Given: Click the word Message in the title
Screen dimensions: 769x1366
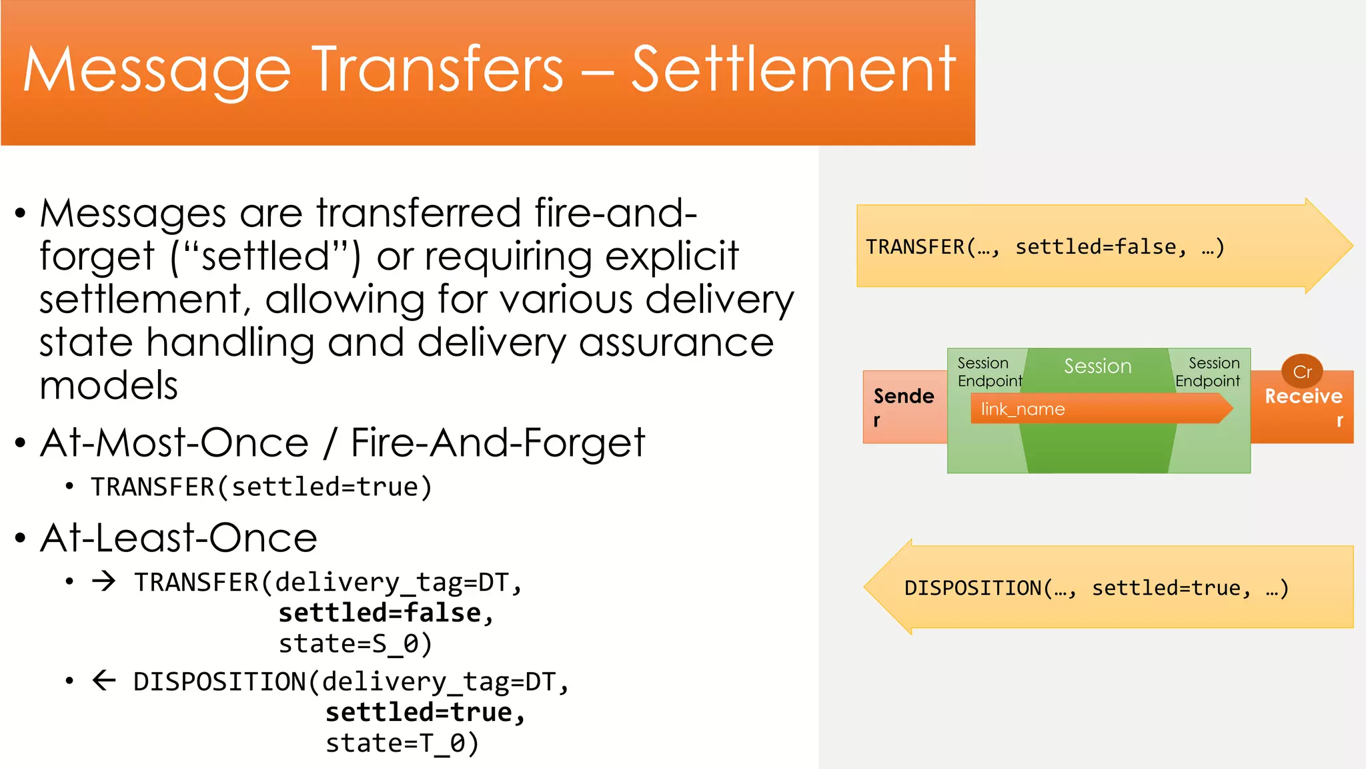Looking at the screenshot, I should [x=157, y=71].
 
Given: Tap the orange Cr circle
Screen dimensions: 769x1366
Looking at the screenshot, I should [x=1302, y=372].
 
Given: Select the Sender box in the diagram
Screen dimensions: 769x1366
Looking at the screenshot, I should [x=904, y=407].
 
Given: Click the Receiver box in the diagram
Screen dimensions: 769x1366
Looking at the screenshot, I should [x=1303, y=407].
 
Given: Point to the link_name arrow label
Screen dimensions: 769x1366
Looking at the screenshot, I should [x=1022, y=409].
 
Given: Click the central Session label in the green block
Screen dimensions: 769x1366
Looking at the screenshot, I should [x=1097, y=366].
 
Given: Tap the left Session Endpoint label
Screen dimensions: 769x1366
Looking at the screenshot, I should [x=989, y=372].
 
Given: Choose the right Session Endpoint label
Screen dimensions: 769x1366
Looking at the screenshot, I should [x=1208, y=372].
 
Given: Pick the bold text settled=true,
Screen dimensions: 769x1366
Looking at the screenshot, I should [x=426, y=712].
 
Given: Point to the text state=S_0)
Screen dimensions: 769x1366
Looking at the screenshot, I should [x=356, y=644].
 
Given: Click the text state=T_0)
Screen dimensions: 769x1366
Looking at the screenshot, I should [x=402, y=743].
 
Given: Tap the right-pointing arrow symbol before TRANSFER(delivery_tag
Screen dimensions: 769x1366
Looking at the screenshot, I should [x=104, y=581].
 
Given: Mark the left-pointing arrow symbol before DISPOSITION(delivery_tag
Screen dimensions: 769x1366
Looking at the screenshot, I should [x=104, y=681].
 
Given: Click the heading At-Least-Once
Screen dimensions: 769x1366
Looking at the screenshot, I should [x=179, y=538].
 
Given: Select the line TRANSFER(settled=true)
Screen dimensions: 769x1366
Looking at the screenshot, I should [x=261, y=487].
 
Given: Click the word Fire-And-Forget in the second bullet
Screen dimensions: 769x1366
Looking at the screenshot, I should [x=498, y=443].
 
